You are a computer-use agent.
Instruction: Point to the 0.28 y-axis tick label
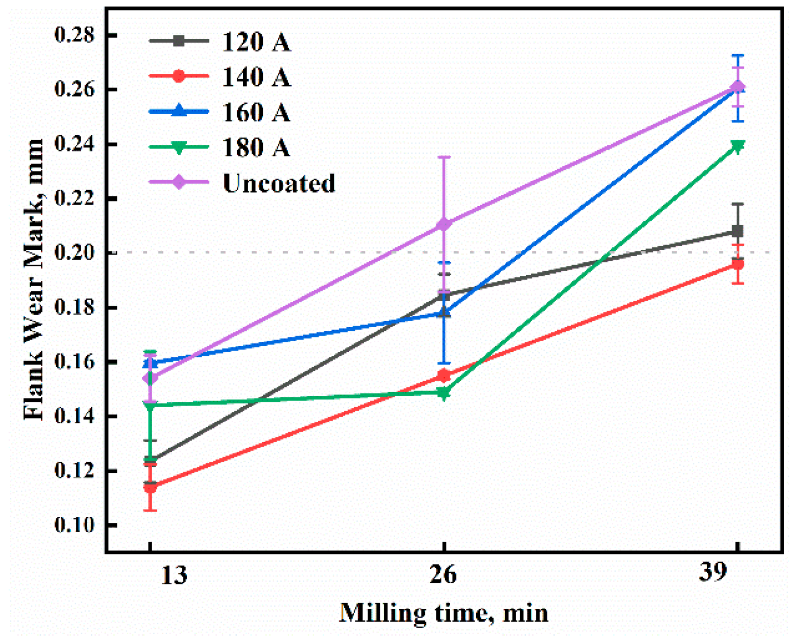coord(75,35)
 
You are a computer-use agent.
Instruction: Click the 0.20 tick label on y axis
coord(75,253)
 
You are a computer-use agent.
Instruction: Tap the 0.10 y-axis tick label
coord(75,525)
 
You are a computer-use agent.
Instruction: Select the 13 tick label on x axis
coord(173,575)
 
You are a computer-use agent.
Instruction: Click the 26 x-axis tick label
coord(443,575)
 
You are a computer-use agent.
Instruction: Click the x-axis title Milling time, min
coord(443,613)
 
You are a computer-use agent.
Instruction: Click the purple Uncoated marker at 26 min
coord(443,224)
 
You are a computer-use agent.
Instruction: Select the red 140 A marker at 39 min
coord(737,264)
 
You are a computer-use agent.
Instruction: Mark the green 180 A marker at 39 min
coord(737,146)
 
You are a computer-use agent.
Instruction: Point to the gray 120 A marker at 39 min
coord(737,231)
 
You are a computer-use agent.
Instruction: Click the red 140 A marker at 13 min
coord(150,487)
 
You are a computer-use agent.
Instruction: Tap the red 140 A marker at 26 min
coord(443,375)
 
